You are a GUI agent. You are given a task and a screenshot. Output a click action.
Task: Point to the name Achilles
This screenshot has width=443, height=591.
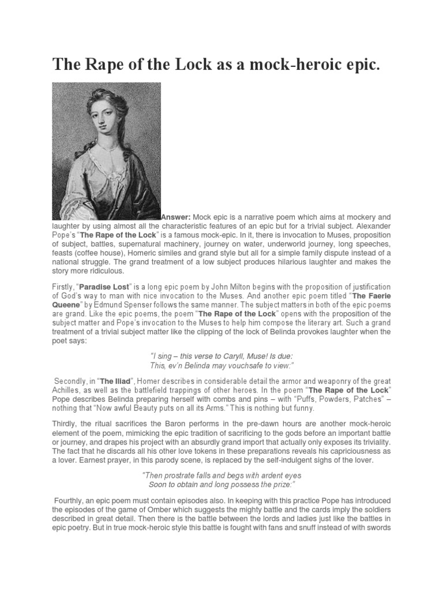pyautogui.click(x=68, y=391)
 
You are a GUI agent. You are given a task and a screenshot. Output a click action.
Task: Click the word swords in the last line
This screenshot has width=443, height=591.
pyautogui.click(x=377, y=528)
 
